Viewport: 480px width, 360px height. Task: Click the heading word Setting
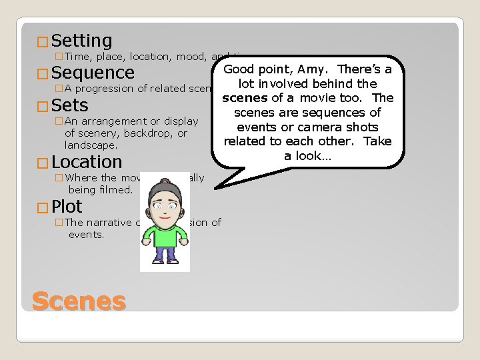coord(81,41)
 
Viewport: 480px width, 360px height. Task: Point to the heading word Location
coord(86,162)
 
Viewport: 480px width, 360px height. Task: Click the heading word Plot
coord(67,206)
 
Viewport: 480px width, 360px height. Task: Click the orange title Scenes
coord(78,301)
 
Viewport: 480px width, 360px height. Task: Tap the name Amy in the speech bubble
coord(314,70)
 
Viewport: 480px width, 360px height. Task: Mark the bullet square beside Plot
coord(44,207)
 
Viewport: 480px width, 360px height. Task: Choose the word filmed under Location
coord(118,189)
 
